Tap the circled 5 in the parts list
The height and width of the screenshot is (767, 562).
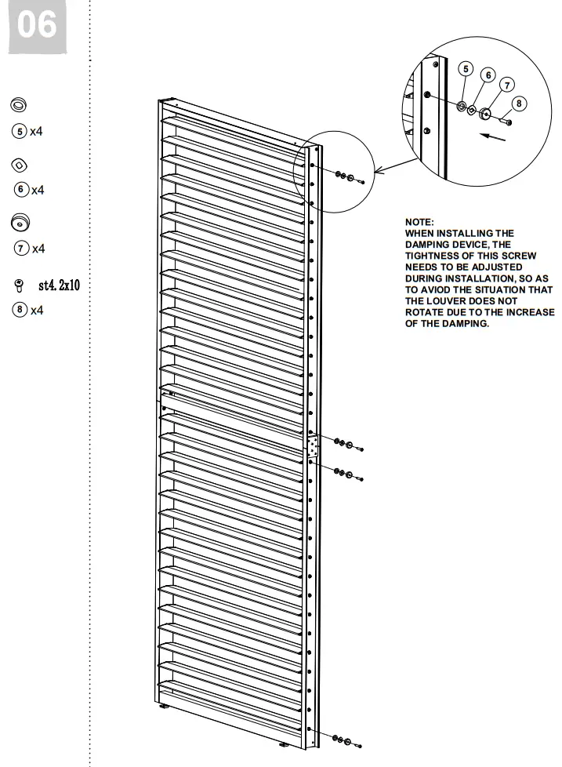coord(20,131)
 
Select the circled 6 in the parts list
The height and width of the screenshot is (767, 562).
coord(21,189)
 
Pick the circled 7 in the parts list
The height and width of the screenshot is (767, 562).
coord(20,249)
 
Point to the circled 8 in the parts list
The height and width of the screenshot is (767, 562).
coord(20,310)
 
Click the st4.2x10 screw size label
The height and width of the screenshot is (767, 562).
coord(59,285)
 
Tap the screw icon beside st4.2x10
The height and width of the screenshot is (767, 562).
coord(20,285)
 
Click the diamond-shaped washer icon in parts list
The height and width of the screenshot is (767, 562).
coord(20,165)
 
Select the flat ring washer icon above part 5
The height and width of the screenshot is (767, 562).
coord(19,105)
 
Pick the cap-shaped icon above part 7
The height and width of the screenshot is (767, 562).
coord(20,224)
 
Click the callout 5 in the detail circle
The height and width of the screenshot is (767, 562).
coord(466,69)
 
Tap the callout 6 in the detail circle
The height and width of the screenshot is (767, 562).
coord(488,75)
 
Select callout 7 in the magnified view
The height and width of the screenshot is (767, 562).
coord(507,85)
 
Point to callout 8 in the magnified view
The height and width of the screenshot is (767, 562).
coord(519,103)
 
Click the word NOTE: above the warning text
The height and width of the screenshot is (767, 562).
coord(419,224)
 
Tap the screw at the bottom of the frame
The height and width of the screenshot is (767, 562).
coord(358,743)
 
